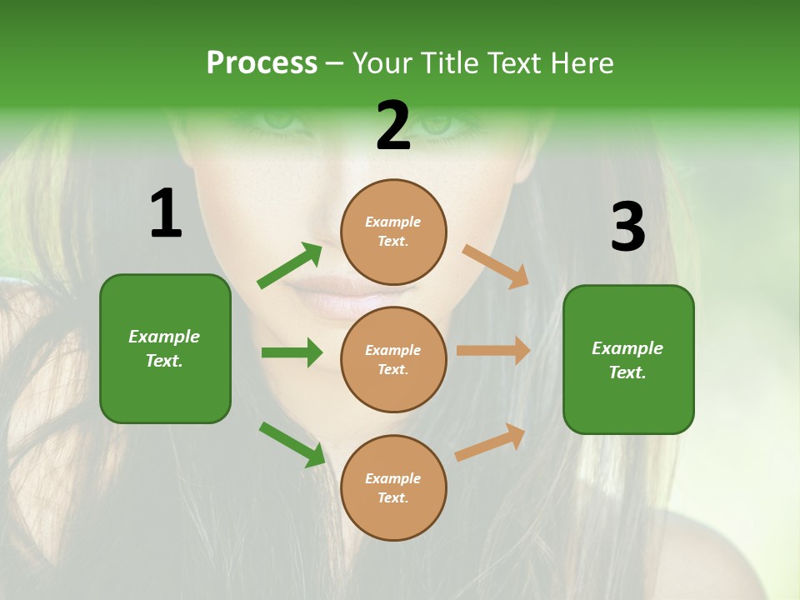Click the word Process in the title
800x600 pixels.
click(262, 63)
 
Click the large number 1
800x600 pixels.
click(166, 213)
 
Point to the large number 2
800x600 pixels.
click(393, 126)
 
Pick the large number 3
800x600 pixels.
click(627, 227)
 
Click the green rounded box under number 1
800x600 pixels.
click(165, 348)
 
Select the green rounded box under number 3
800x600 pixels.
click(628, 359)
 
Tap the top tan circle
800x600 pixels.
click(393, 232)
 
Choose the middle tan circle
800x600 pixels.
click(393, 359)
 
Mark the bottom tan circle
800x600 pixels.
click(393, 487)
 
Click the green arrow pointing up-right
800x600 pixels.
click(290, 266)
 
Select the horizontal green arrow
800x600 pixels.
click(292, 352)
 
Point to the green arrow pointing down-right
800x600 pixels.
click(292, 444)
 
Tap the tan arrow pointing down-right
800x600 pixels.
click(496, 266)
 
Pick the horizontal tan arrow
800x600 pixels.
click(493, 351)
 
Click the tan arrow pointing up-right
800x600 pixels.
click(491, 442)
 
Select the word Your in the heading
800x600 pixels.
click(382, 63)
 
